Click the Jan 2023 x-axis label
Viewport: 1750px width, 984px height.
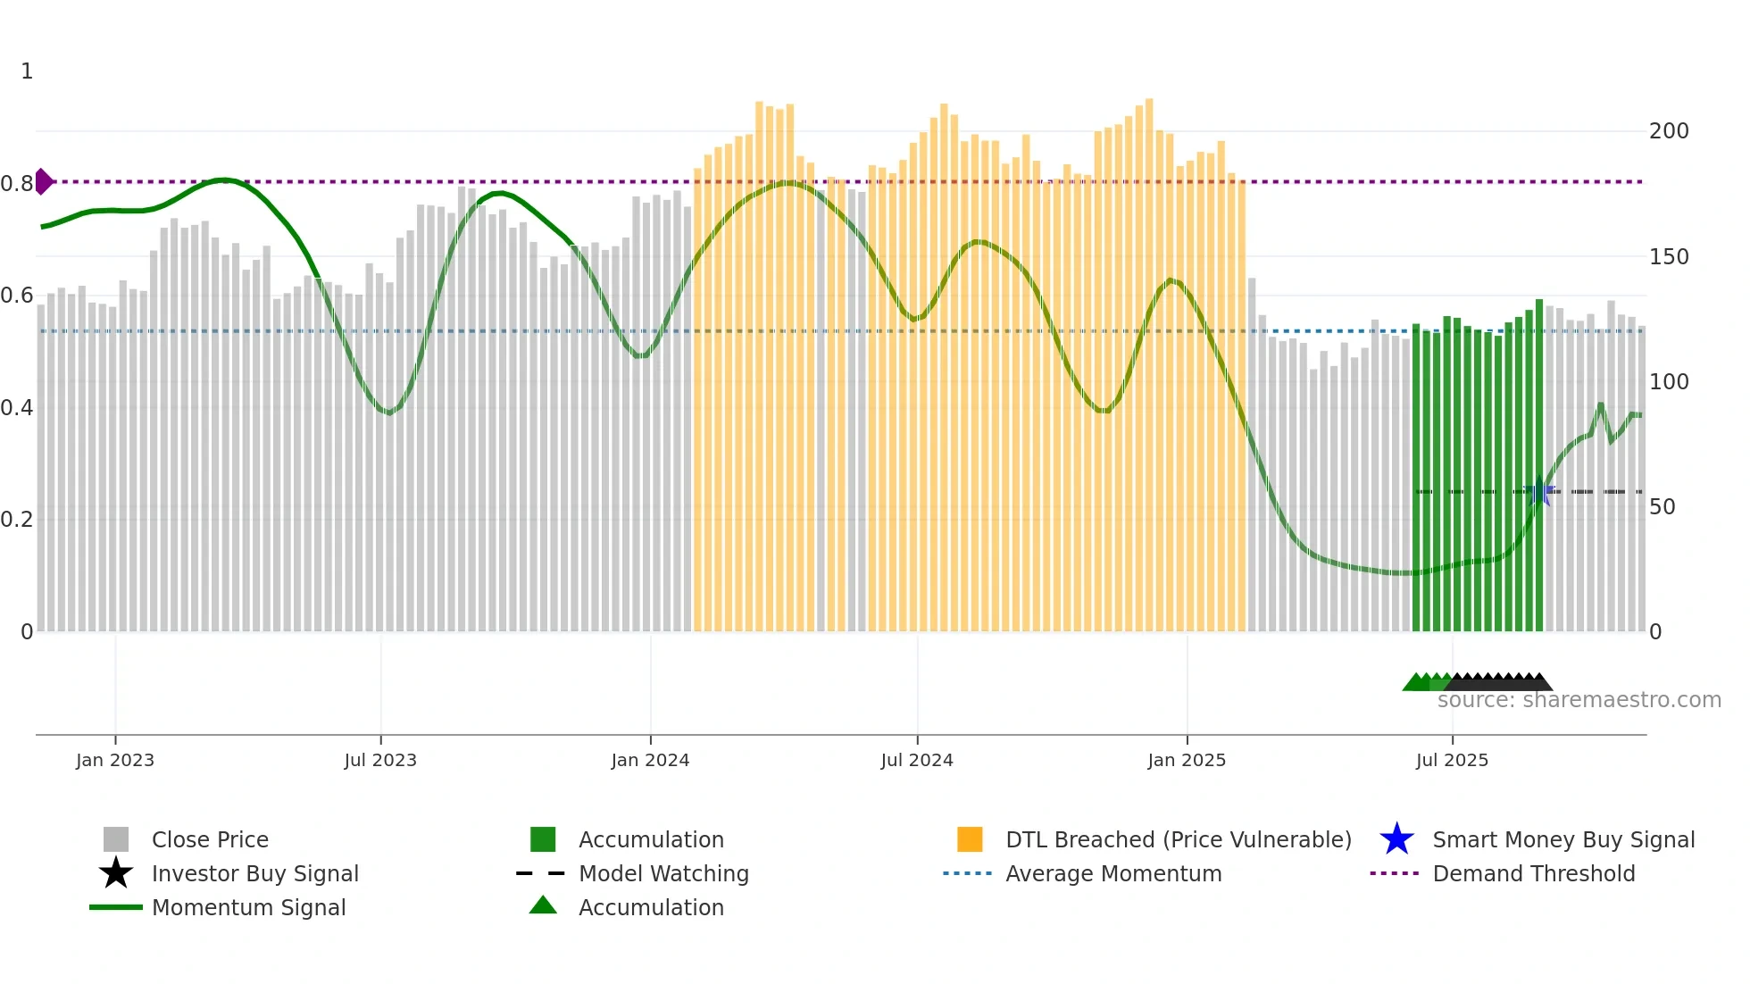(115, 760)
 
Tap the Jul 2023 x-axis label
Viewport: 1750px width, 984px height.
(380, 760)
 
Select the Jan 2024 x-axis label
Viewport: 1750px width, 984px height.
(650, 760)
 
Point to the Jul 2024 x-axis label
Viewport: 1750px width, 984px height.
(917, 760)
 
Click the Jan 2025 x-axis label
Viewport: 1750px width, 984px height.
(1187, 760)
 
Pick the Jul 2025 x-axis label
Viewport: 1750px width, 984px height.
(1452, 760)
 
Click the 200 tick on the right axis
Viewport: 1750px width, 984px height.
(1669, 131)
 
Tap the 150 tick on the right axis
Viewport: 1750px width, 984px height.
(1669, 257)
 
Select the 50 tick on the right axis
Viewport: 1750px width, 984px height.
(1662, 507)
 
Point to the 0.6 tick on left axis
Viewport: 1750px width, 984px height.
(17, 296)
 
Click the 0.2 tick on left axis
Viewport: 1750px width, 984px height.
(17, 520)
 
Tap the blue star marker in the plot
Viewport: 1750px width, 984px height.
(1539, 492)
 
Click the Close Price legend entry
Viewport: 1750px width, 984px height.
(209, 839)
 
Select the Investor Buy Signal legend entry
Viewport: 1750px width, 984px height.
(254, 873)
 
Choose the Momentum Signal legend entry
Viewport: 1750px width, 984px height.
(248, 907)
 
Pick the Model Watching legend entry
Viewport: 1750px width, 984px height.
(663, 873)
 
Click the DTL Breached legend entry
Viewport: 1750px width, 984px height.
(1178, 839)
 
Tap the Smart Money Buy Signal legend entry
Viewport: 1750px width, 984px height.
(1562, 839)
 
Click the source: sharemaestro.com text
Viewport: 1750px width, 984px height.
(1579, 700)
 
